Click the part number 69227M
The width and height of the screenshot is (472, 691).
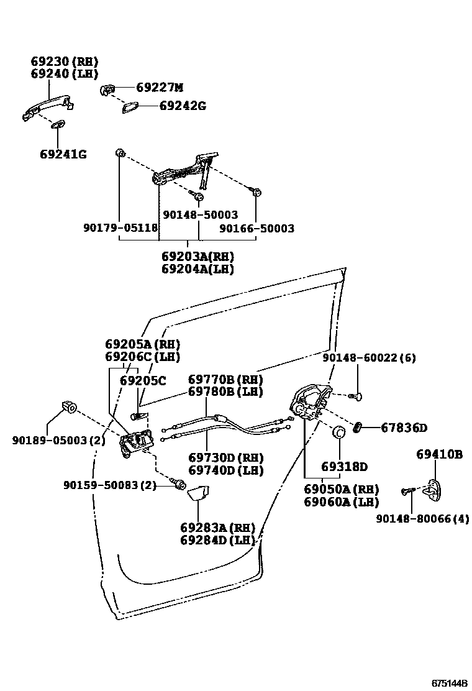[x=160, y=88]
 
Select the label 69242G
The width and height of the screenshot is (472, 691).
[x=183, y=106]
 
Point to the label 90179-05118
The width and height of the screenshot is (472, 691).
[x=120, y=229]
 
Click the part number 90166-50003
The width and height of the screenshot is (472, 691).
[x=257, y=229]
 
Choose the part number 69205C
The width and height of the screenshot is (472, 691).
[x=143, y=380]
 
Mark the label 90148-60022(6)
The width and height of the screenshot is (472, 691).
[x=369, y=358]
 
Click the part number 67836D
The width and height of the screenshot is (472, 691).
[x=404, y=428]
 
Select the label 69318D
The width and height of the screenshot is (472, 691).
[x=344, y=467]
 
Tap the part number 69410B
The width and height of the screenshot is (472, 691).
[x=439, y=455]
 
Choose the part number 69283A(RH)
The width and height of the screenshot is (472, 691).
[x=217, y=528]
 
